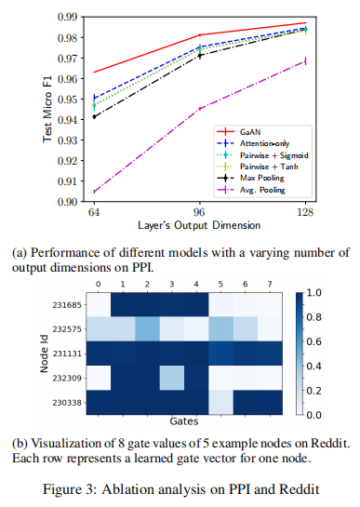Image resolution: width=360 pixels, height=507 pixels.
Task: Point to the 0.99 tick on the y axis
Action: tap(67, 18)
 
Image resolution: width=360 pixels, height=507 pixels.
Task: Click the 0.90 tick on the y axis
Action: tap(67, 201)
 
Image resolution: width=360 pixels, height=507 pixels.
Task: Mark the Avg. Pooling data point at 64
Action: tap(94, 193)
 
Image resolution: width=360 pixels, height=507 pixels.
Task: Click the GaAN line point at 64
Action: tap(94, 72)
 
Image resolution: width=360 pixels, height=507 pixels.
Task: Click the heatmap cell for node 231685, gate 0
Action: tap(98, 305)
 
